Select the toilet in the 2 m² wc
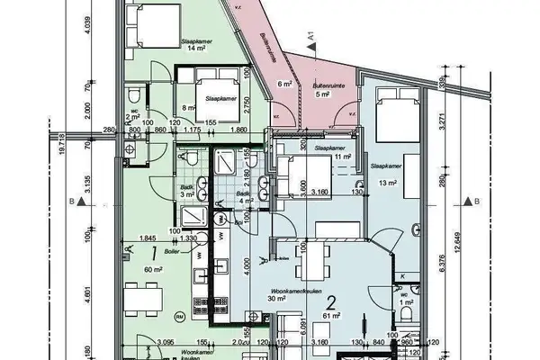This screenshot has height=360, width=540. [132, 98]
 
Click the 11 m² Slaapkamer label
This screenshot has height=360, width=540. [342, 157]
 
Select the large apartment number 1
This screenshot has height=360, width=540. [156, 254]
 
